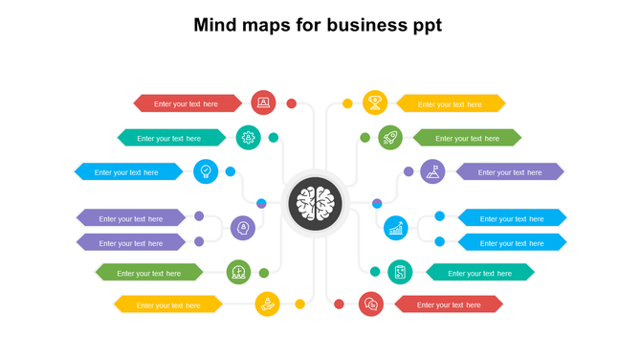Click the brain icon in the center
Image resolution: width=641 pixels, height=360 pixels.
pyautogui.click(x=317, y=203)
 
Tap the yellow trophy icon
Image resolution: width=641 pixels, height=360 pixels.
pyautogui.click(x=375, y=101)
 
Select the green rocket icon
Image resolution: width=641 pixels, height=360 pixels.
pyautogui.click(x=390, y=138)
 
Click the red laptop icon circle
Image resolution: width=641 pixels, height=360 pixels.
pyautogui.click(x=263, y=102)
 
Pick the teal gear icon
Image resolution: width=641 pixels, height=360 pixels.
pyautogui.click(x=249, y=137)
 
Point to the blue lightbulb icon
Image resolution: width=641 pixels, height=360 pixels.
pyautogui.click(x=206, y=171)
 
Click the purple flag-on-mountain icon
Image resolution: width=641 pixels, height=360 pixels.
pyautogui.click(x=432, y=171)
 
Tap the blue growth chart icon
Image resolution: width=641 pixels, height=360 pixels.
pyautogui.click(x=396, y=228)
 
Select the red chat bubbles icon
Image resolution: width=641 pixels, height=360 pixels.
pyautogui.click(x=371, y=304)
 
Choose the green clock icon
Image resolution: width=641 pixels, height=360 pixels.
pyautogui.click(x=239, y=273)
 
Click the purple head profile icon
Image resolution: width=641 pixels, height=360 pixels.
pyautogui.click(x=243, y=228)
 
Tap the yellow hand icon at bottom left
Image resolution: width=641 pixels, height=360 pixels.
pyautogui.click(x=268, y=304)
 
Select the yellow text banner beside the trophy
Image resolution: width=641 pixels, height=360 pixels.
pyautogui.click(x=451, y=103)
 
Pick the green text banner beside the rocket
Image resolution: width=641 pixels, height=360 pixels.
pyautogui.click(x=466, y=138)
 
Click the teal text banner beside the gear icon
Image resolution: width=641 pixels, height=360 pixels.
pyautogui.click(x=169, y=138)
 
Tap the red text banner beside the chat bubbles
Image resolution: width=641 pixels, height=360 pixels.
pyautogui.click(x=448, y=304)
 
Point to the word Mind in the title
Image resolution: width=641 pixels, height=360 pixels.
pyautogui.click(x=217, y=25)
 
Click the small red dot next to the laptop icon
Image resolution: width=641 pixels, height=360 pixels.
pyautogui.click(x=292, y=103)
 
